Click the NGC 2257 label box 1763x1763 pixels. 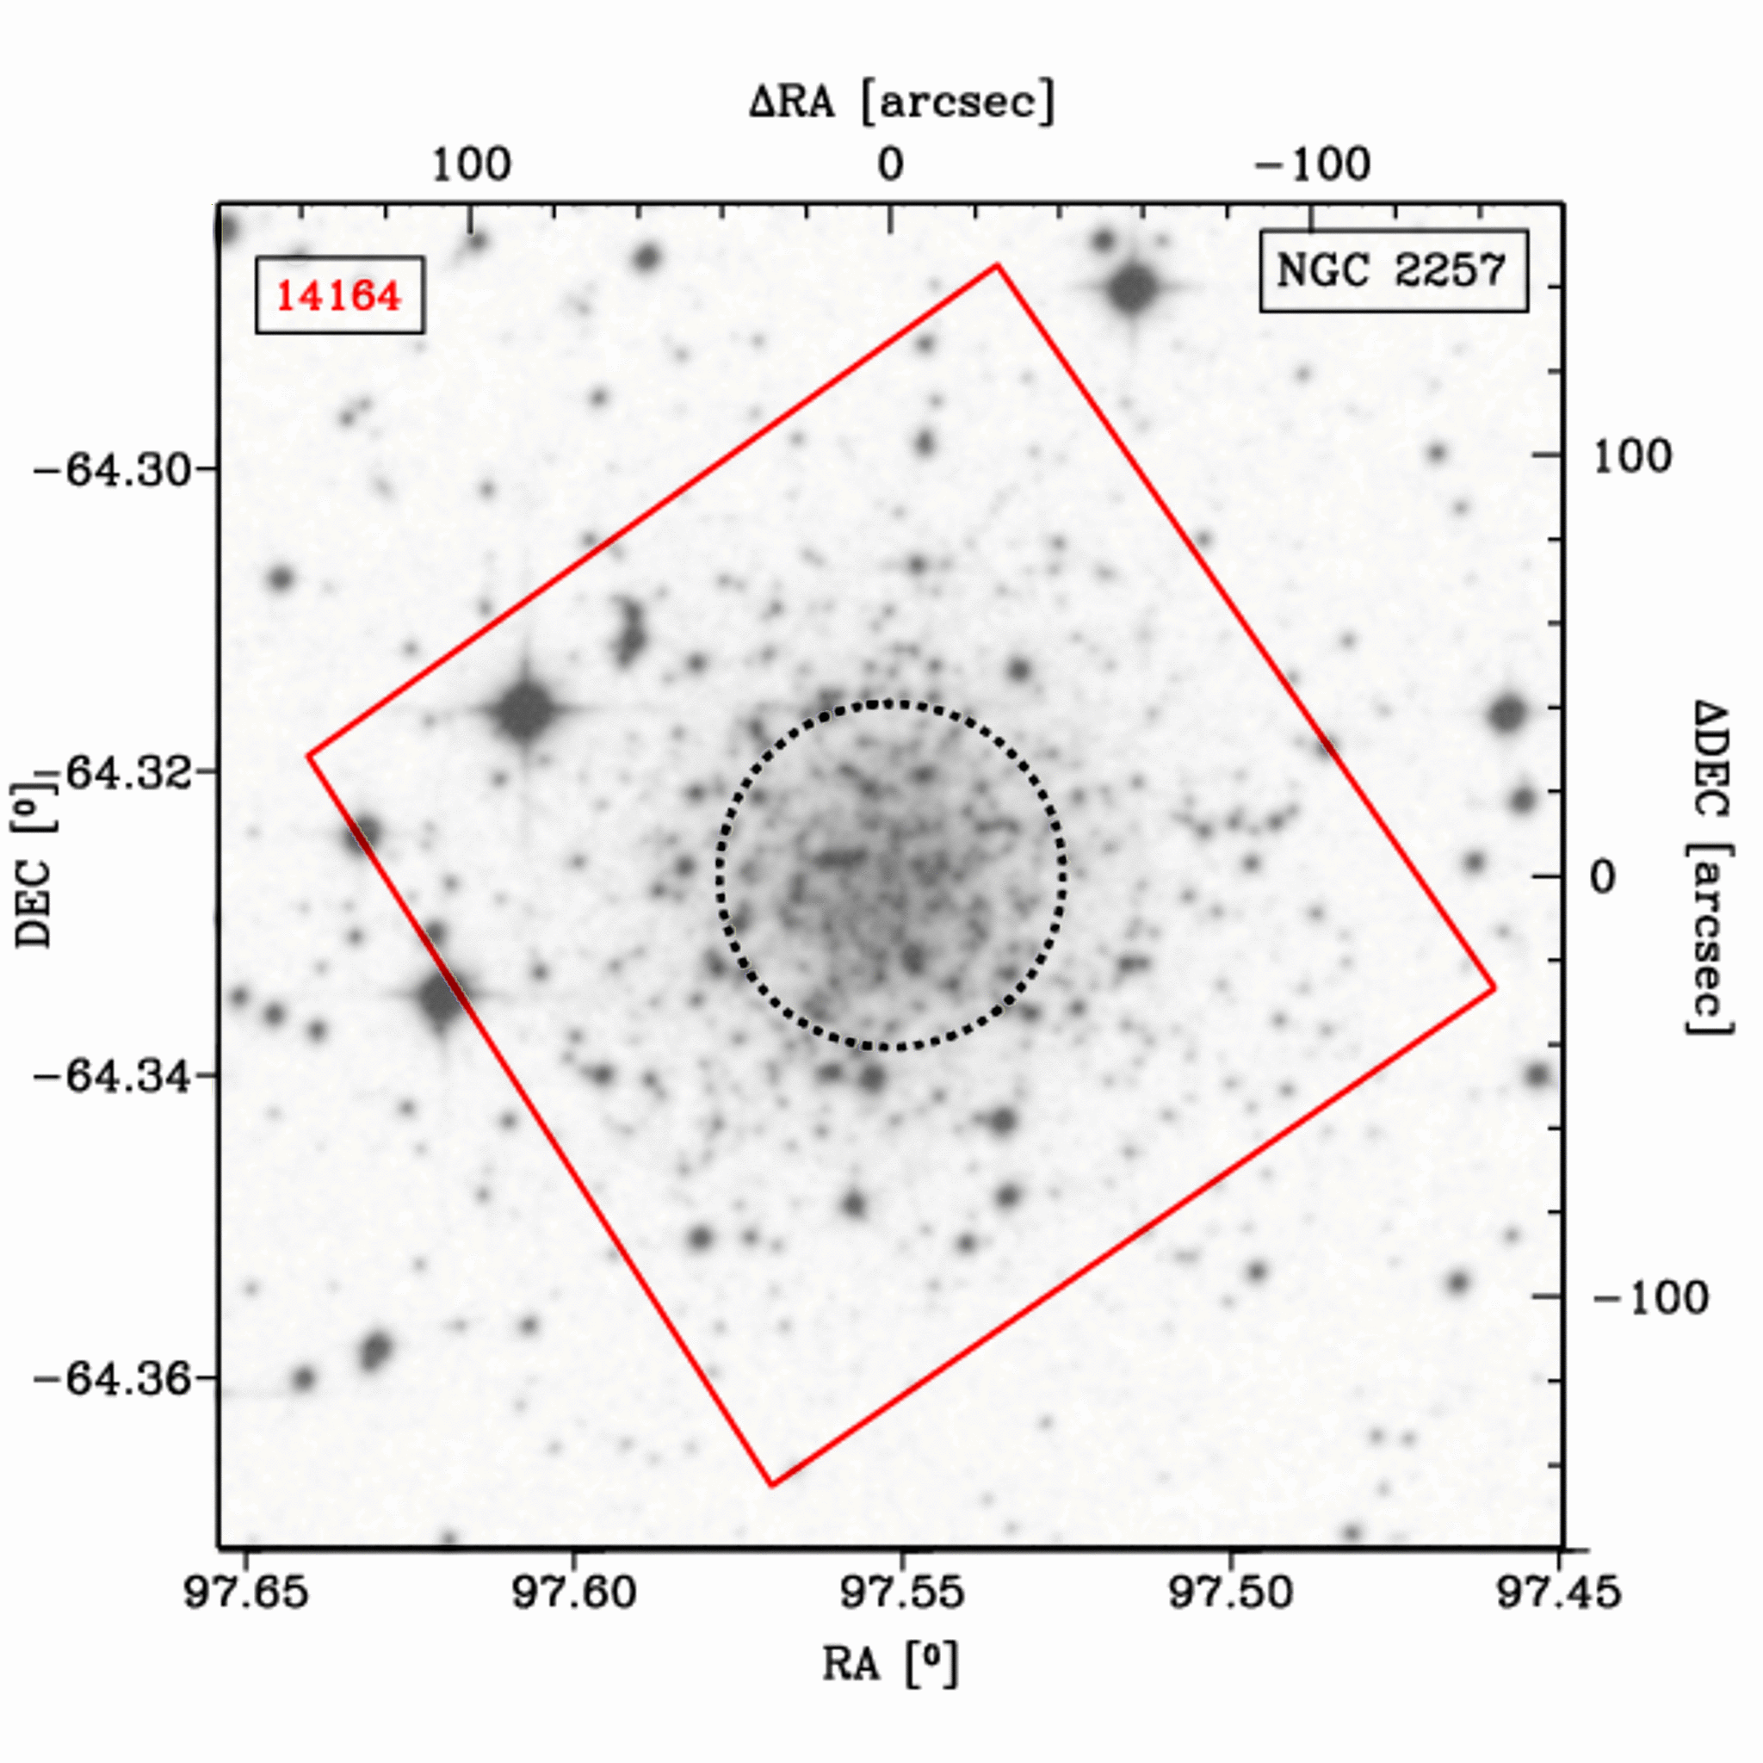tap(1393, 271)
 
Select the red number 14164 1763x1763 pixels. tap(338, 295)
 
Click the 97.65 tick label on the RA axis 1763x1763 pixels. tap(245, 1593)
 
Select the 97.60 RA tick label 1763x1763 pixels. tap(574, 1593)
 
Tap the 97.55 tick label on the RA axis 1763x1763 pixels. tap(901, 1593)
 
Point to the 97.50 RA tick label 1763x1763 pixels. tap(1230, 1593)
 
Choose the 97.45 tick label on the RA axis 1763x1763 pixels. tap(1559, 1593)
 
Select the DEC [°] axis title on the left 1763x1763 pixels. tap(34, 863)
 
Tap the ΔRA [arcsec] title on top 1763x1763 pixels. tap(901, 101)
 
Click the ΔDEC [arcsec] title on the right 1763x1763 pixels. tap(1707, 867)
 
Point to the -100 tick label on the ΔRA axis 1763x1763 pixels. tap(1312, 166)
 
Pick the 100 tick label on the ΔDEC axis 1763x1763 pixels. tap(1631, 456)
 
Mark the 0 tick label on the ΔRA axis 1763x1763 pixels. tap(891, 166)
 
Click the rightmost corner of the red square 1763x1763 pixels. tap(1494, 988)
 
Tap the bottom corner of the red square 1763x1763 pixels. tap(772, 1486)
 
